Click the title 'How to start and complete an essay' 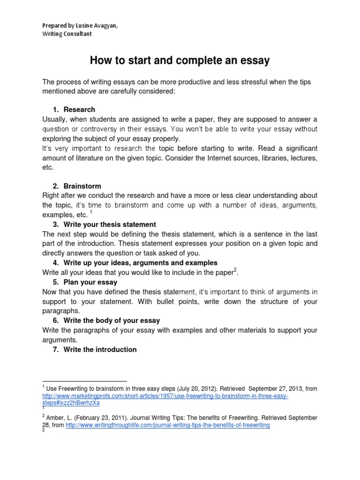tap(180, 60)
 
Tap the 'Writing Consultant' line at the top tap(67, 34)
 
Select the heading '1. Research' tap(75, 109)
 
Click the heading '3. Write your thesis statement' tap(104, 224)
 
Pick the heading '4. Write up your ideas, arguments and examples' tap(135, 262)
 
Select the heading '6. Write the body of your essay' tap(106, 321)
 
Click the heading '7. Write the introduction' tap(95, 349)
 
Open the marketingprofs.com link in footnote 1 tap(165, 396)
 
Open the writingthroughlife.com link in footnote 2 tap(168, 425)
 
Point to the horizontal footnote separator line tap(84, 381)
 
